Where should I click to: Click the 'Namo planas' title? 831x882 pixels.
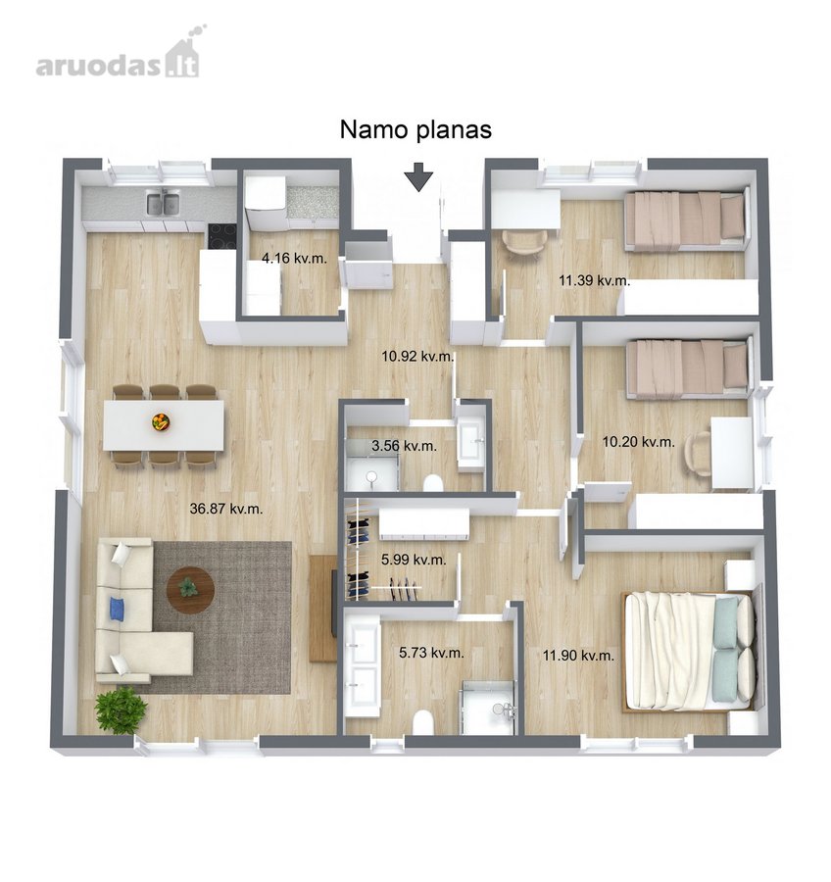point(415,130)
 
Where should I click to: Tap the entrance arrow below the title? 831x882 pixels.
point(418,176)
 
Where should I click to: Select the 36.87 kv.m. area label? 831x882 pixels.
point(226,509)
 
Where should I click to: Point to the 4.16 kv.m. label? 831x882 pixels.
point(294,258)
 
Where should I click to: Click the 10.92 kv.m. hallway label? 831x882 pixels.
point(417,356)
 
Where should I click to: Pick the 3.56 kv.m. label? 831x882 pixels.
point(404,446)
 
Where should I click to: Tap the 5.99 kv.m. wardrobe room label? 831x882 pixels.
point(414,560)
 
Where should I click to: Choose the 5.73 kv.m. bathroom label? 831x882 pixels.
point(431,653)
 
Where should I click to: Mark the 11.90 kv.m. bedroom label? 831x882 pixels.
point(578,656)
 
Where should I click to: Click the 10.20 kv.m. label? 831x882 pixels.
point(639,442)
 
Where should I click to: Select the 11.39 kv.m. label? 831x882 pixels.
point(594,280)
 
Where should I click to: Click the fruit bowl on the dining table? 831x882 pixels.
point(161,421)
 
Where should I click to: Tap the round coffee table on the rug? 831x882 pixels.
point(190,590)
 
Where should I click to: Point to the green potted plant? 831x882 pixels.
point(121,710)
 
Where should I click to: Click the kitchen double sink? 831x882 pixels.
point(163,203)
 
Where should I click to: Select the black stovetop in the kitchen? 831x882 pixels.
point(222,236)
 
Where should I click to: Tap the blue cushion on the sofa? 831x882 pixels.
point(117,610)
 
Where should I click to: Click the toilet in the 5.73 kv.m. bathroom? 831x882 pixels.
point(422,723)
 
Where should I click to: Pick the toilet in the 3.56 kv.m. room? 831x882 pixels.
point(432,482)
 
